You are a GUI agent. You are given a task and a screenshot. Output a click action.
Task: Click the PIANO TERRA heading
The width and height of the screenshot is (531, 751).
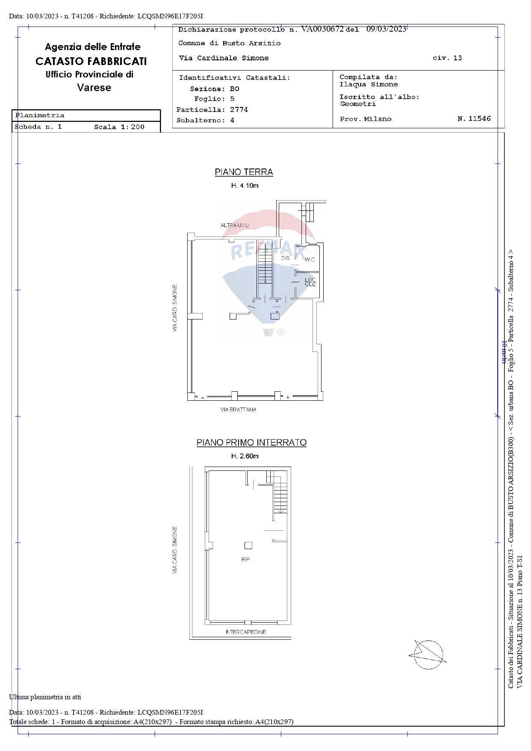click(x=244, y=172)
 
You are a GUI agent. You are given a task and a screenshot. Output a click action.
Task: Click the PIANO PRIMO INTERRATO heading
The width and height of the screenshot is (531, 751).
click(x=251, y=443)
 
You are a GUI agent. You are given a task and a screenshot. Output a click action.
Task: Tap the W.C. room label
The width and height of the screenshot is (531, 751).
click(x=310, y=260)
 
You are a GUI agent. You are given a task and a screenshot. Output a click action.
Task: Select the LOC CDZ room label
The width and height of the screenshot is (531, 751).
click(x=310, y=282)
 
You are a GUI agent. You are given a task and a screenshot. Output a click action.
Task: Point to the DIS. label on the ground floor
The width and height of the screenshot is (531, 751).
click(x=286, y=258)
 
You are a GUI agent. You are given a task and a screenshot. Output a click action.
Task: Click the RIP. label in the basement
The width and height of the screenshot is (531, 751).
click(x=245, y=559)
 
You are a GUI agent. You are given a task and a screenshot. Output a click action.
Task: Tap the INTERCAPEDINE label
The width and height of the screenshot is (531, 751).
click(x=245, y=632)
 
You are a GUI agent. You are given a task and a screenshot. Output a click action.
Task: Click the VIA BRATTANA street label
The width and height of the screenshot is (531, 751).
click(x=239, y=410)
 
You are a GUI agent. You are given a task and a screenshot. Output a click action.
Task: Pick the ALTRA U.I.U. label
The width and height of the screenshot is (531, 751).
click(x=235, y=225)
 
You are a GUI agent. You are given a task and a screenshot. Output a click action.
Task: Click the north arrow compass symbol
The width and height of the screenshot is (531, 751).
click(x=428, y=655)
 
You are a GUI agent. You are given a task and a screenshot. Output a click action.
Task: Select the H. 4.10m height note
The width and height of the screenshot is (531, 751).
click(x=245, y=186)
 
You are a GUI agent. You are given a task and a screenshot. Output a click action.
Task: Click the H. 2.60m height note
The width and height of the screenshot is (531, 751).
click(x=245, y=456)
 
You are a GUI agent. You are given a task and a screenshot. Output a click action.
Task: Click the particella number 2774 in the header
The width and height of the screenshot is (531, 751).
click(x=239, y=110)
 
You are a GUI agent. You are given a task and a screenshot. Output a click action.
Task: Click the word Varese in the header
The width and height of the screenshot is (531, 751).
click(x=94, y=88)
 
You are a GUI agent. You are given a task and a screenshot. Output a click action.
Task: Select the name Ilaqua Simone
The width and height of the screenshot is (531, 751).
click(x=369, y=85)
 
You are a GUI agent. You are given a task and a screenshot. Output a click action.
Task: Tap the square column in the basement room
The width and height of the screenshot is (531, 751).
click(x=248, y=545)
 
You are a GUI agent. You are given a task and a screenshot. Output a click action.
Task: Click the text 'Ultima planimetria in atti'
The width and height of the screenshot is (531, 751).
click(x=45, y=697)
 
